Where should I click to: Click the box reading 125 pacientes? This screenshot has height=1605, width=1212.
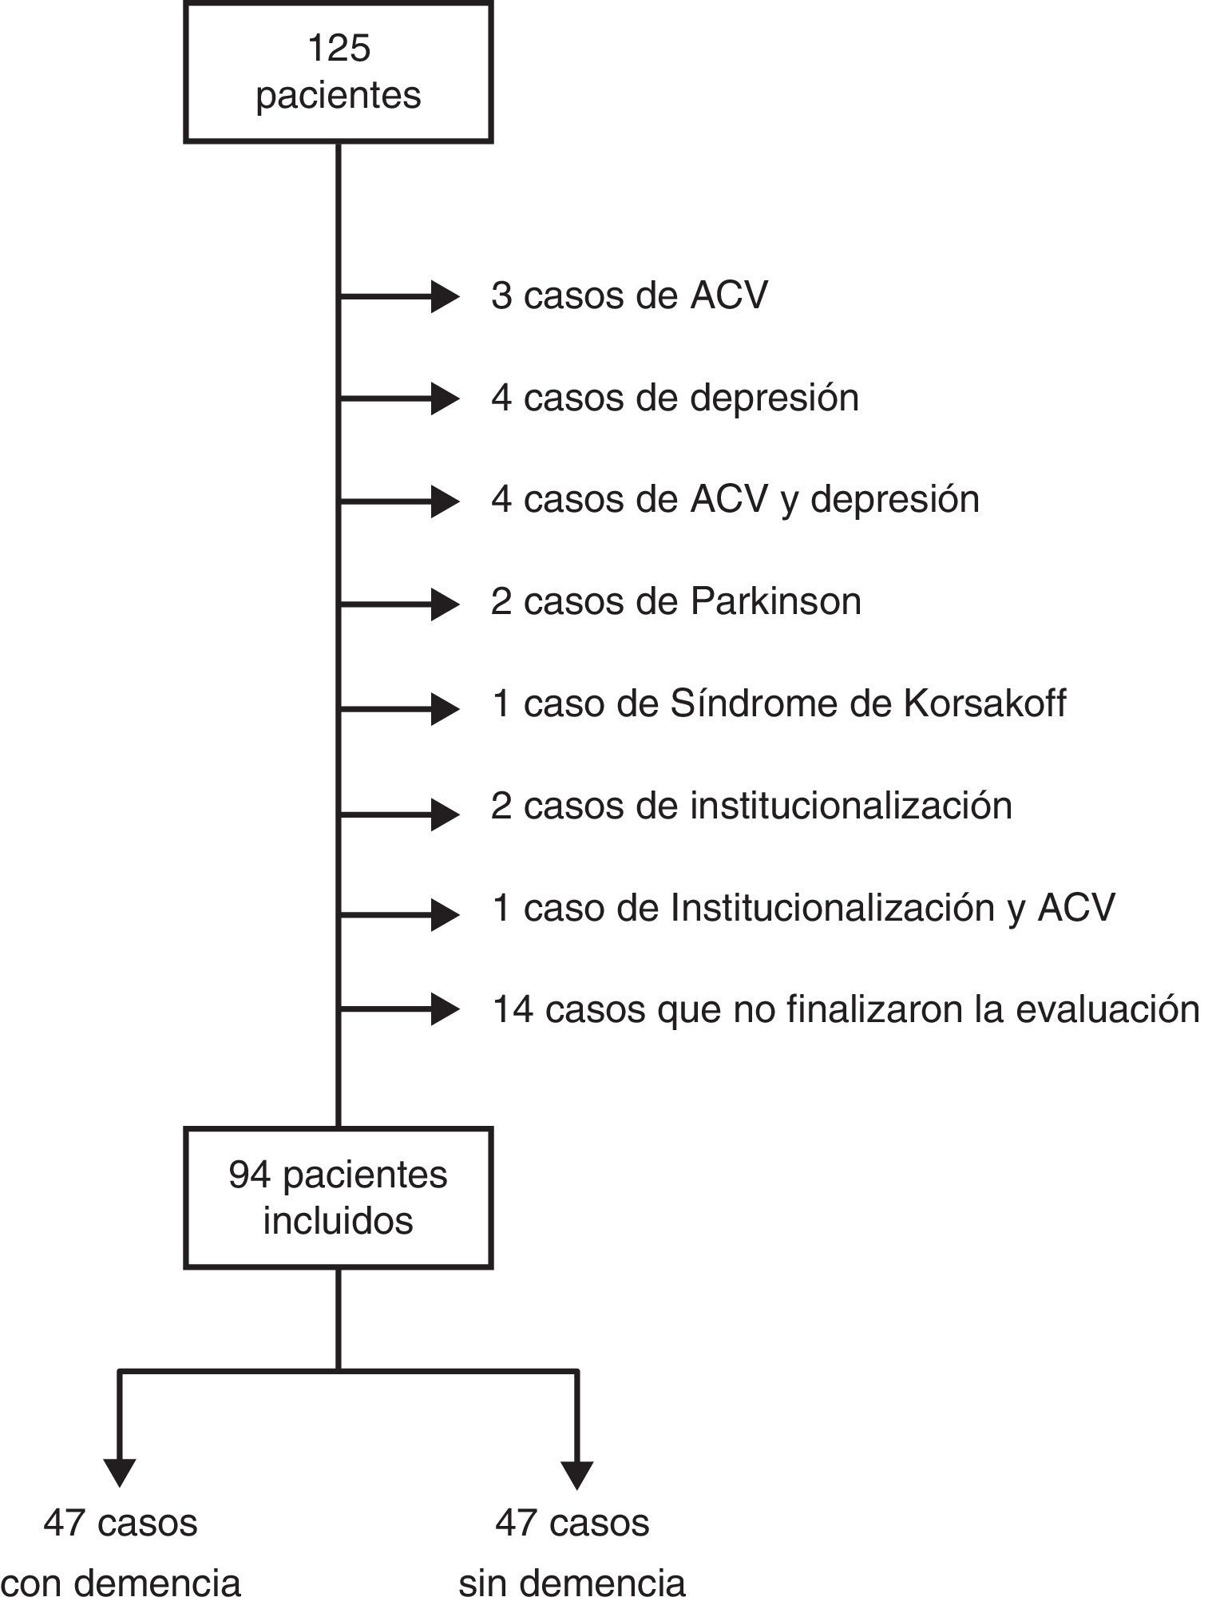338,72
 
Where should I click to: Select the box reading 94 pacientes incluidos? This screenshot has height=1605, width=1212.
338,1197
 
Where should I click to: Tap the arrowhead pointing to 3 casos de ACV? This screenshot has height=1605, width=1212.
444,296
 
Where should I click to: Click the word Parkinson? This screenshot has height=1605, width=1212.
775,601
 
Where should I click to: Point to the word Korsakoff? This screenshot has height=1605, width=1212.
984,703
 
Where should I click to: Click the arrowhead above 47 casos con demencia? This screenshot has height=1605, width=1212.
120,1472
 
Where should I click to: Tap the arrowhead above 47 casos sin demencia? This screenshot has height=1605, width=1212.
576,1472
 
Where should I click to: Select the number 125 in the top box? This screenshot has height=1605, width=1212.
339,49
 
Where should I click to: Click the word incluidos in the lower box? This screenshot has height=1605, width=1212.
338,1221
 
